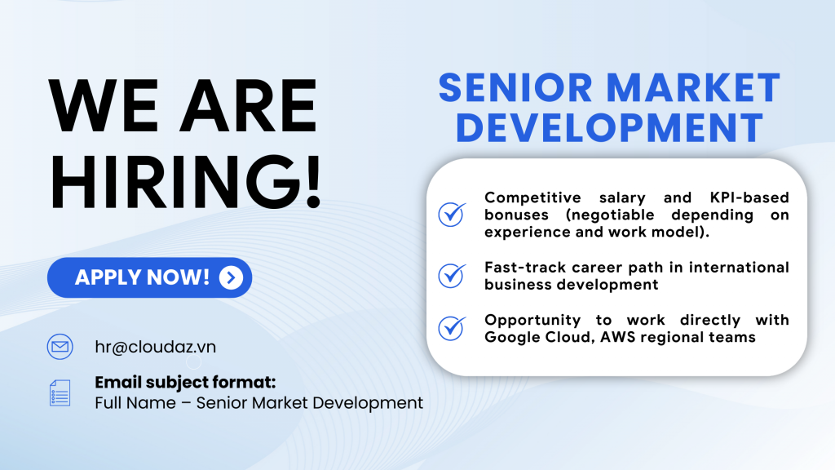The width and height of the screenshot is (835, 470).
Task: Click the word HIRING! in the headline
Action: [x=186, y=181]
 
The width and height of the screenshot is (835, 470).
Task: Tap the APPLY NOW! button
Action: [x=150, y=277]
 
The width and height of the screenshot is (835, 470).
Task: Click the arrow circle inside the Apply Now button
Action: [x=231, y=277]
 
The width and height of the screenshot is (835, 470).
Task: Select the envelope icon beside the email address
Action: [x=60, y=347]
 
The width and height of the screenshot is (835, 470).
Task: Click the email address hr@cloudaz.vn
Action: [x=156, y=347]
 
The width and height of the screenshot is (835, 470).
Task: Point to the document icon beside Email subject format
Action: [x=60, y=393]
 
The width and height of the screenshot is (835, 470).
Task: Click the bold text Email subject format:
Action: [x=185, y=382]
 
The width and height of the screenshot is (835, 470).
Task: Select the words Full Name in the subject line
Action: [x=135, y=403]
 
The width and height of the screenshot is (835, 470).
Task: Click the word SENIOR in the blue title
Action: [x=515, y=88]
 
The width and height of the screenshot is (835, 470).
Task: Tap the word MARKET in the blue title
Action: [x=693, y=88]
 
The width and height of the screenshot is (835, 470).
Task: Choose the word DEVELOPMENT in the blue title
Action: [x=610, y=128]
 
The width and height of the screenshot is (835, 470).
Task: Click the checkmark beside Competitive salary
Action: [x=452, y=215]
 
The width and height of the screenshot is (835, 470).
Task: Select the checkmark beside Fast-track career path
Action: [x=452, y=276]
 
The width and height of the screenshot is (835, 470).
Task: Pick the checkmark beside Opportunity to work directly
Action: [x=452, y=328]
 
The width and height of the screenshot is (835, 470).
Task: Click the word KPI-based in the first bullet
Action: [x=749, y=197]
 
